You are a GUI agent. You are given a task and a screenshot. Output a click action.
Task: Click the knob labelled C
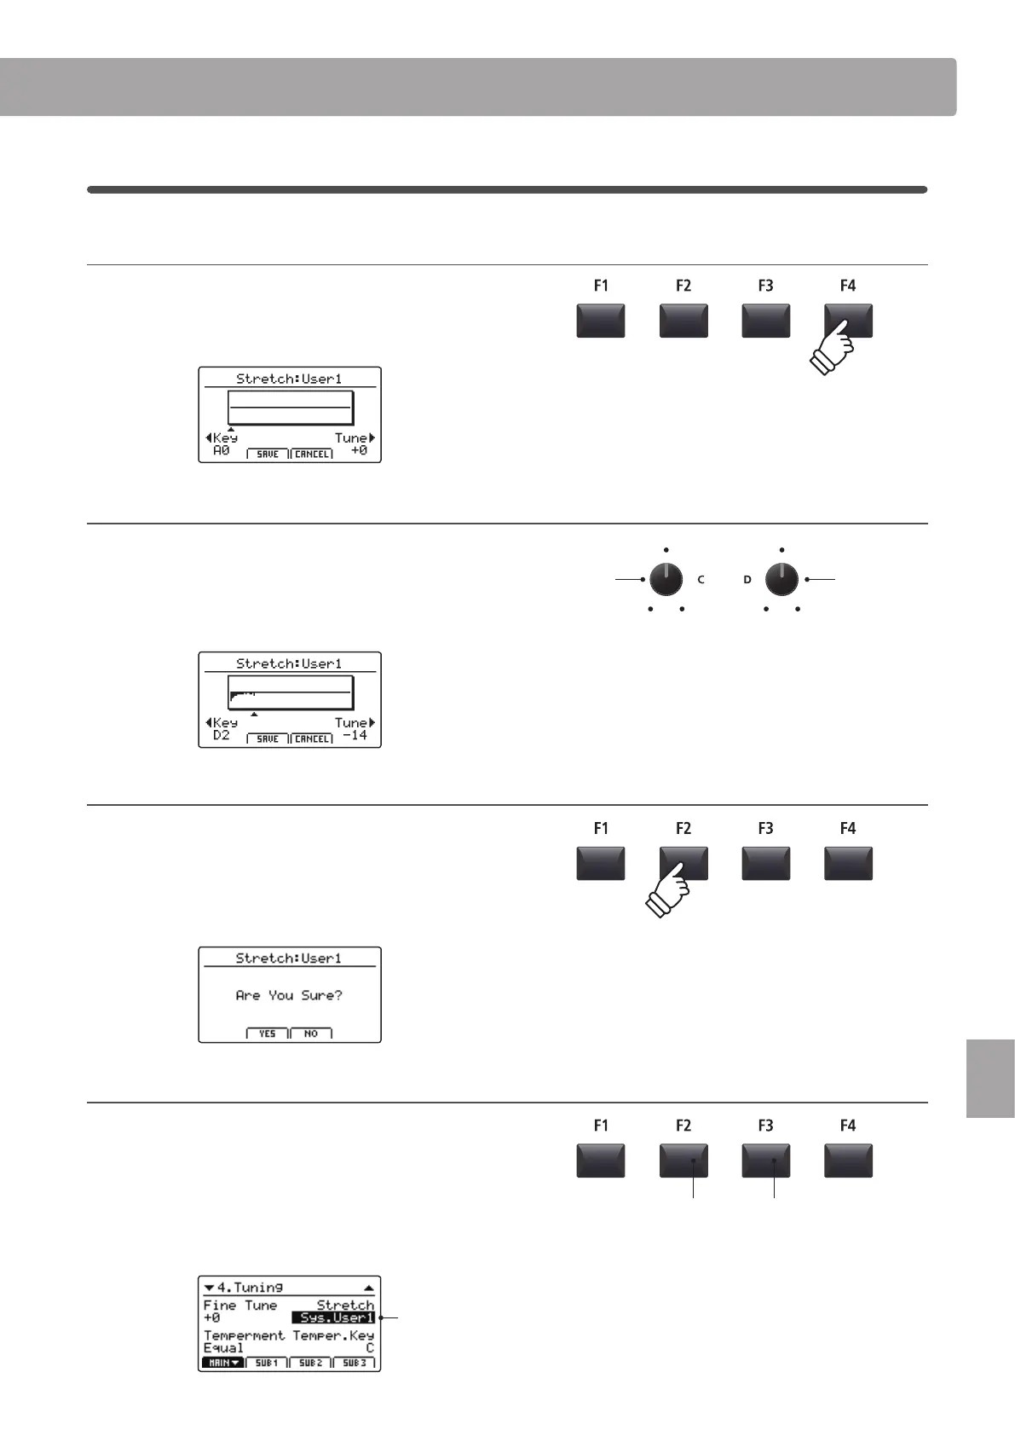click(666, 580)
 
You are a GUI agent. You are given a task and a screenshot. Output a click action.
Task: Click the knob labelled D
click(781, 580)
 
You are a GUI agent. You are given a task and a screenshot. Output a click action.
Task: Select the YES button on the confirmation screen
click(268, 1034)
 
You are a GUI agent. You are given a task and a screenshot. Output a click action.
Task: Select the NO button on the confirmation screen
click(311, 1034)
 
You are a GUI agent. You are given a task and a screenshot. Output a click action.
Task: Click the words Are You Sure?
click(289, 995)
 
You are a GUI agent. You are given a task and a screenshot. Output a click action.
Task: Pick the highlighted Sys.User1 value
click(333, 1317)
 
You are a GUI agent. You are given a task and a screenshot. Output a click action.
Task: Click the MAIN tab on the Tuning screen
click(222, 1363)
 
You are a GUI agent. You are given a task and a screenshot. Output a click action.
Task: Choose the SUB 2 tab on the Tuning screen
click(310, 1363)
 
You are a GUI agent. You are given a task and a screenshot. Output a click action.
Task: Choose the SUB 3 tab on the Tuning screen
click(355, 1363)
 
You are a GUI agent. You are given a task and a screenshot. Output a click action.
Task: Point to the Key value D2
click(222, 735)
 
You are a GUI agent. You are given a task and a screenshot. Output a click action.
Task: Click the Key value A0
click(222, 450)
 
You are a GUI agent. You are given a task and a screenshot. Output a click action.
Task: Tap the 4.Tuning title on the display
click(250, 1288)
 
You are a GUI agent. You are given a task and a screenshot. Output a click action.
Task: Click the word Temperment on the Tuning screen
click(245, 1335)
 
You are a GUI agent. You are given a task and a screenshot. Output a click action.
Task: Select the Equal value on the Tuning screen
click(223, 1348)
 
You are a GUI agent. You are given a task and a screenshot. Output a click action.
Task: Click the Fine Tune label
click(240, 1306)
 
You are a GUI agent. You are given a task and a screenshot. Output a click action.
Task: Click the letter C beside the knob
click(701, 580)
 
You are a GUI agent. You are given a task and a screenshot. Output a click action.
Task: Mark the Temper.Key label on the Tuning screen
click(333, 1335)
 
